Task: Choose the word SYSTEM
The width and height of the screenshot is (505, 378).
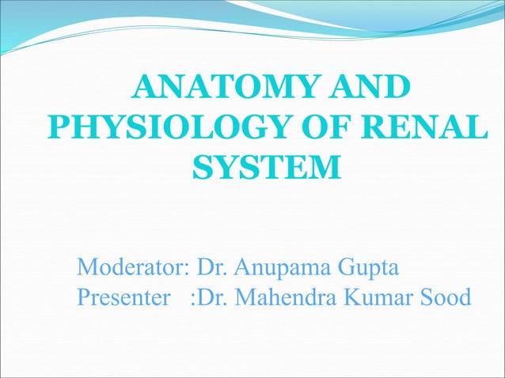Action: pyautogui.click(x=267, y=168)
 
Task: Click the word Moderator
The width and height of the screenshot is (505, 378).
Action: pyautogui.click(x=128, y=269)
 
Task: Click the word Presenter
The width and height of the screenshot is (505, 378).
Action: pyautogui.click(x=123, y=298)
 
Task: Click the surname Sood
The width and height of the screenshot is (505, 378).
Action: pyautogui.click(x=447, y=298)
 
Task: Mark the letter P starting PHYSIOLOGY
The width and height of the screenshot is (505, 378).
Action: pyautogui.click(x=59, y=128)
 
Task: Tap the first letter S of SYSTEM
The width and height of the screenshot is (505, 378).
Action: pyautogui.click(x=202, y=168)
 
